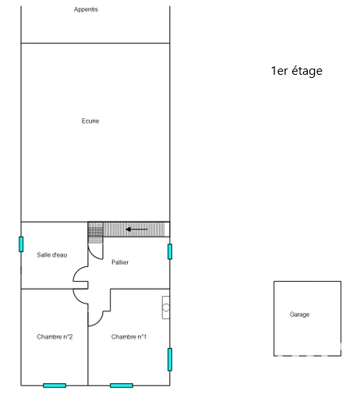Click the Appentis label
point(86,9)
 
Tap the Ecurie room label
point(90,121)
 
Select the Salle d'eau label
point(52,255)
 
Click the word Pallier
point(120,262)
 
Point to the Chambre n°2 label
point(55,336)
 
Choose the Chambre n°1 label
point(129,336)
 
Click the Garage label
point(299,315)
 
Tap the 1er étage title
point(297,71)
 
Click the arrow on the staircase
point(136,229)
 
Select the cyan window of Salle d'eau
point(21,244)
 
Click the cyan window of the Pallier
point(170,252)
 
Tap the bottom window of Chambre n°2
point(55,385)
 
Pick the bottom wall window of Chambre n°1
point(122,385)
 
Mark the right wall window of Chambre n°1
point(170,360)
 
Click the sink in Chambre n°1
point(166,308)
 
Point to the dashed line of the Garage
point(308,356)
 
